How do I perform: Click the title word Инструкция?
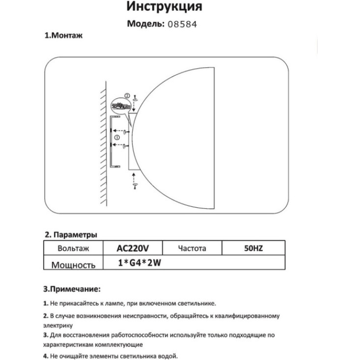pos(164,7)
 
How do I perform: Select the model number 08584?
pos(182,24)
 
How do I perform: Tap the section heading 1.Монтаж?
pos(63,36)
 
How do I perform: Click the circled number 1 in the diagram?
pos(116,138)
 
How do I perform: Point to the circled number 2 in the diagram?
pos(126,96)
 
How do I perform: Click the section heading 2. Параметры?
pos(71,234)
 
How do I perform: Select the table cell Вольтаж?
pos(73,249)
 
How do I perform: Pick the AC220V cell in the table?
pos(132,249)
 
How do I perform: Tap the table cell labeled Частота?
pos(192,249)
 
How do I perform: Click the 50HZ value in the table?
pos(253,249)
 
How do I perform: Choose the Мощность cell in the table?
pos(73,265)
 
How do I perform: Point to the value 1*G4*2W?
pos(140,263)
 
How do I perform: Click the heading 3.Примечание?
pos(72,289)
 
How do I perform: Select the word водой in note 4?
pos(167,356)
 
